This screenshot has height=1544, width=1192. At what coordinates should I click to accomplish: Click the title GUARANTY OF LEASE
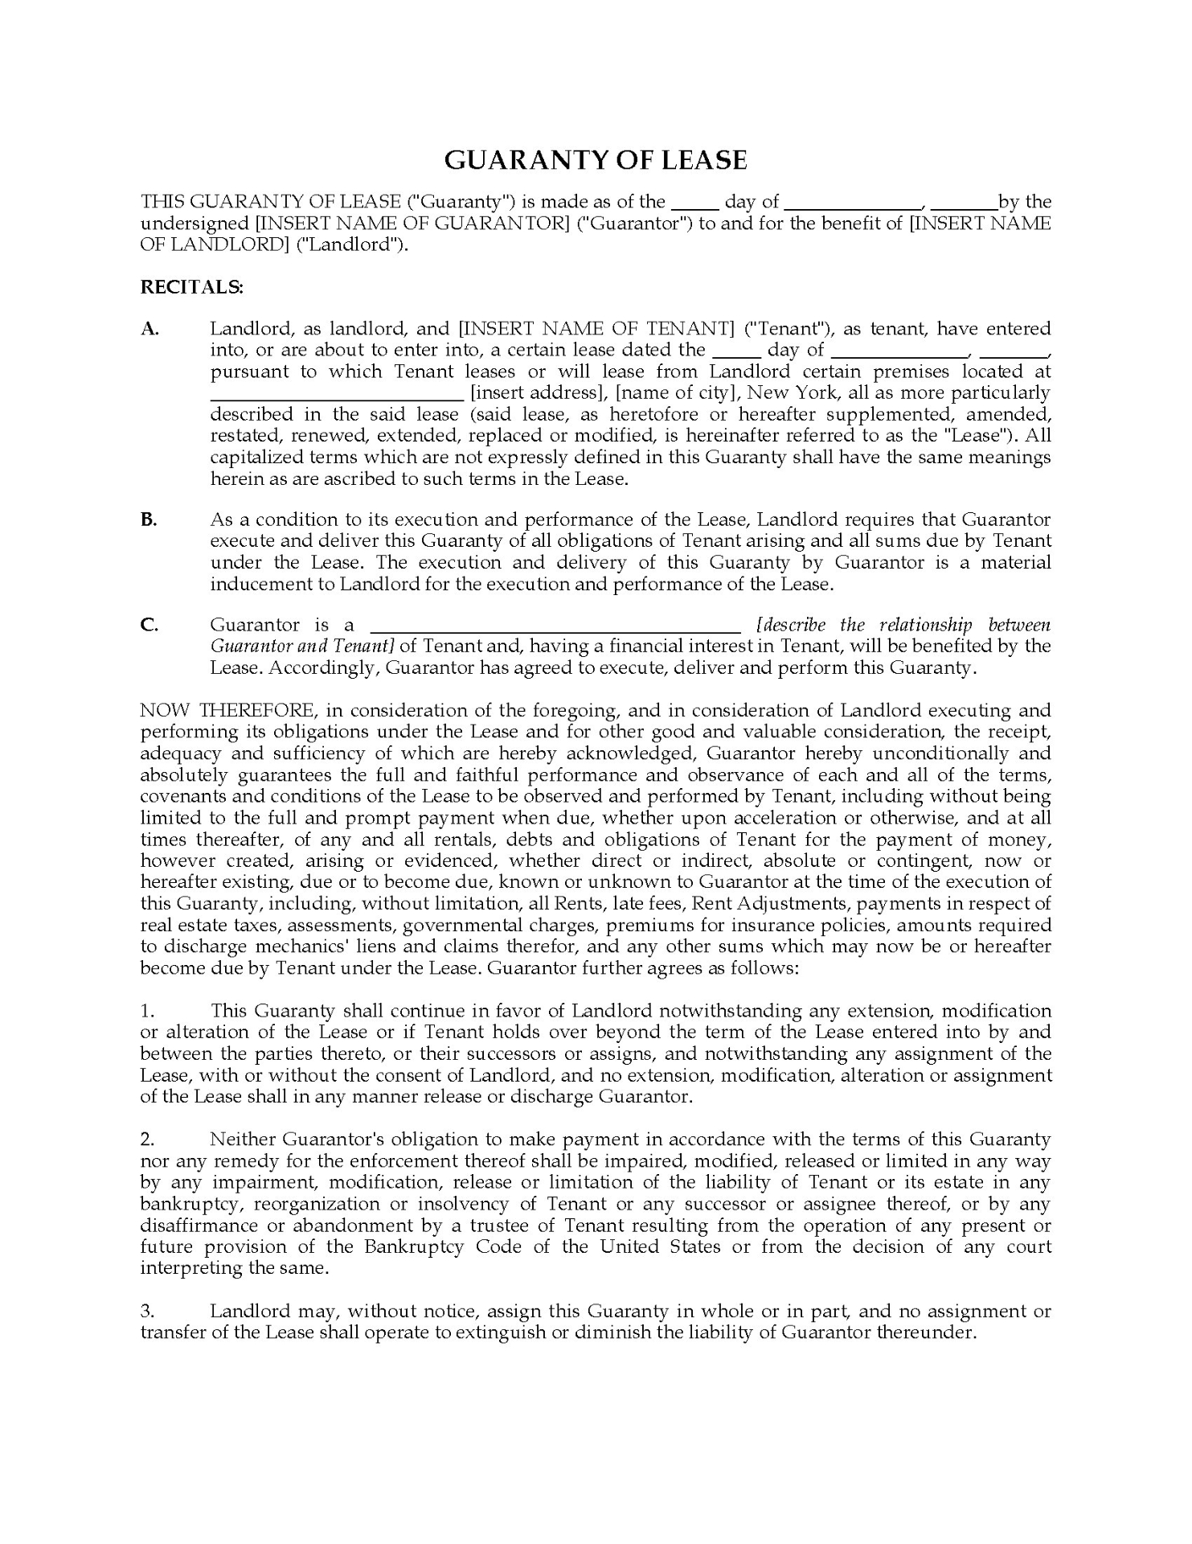[x=596, y=160]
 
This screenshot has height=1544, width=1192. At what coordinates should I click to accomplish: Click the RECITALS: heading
[x=191, y=286]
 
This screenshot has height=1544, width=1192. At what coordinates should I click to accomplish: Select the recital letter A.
[x=150, y=328]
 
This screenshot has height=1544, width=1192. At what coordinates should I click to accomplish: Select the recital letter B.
[x=149, y=519]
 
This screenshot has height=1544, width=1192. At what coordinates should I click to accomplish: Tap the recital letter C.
[x=150, y=625]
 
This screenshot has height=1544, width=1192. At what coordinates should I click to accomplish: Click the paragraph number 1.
[x=146, y=1011]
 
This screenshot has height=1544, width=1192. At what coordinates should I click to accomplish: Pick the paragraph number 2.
[x=146, y=1140]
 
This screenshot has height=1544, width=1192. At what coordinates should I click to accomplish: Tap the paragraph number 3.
[x=146, y=1311]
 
